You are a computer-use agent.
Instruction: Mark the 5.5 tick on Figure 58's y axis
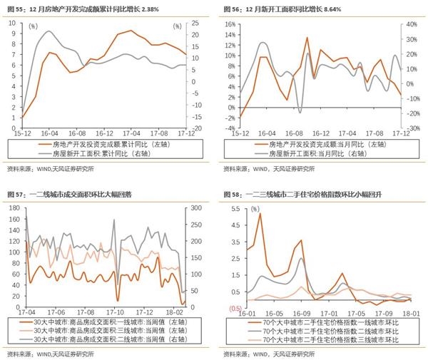[234, 208]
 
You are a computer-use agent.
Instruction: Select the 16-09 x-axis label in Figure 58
[302, 312]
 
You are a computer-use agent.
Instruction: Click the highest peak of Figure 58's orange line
[260, 214]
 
